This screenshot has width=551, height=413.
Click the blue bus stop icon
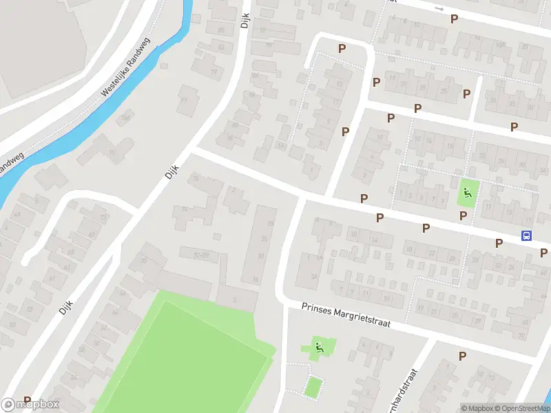(527, 235)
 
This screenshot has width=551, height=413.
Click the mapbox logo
(30, 404)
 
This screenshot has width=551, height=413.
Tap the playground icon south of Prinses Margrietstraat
(318, 348)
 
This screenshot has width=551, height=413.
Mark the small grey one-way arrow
(439, 8)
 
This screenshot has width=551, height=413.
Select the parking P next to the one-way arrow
(454, 19)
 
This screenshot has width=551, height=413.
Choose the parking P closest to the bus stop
(499, 243)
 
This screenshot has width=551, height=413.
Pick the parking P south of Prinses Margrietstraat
(462, 356)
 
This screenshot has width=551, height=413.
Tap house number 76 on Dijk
(195, 180)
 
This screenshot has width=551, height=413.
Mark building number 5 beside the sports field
(235, 299)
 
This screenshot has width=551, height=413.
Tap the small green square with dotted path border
(313, 387)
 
